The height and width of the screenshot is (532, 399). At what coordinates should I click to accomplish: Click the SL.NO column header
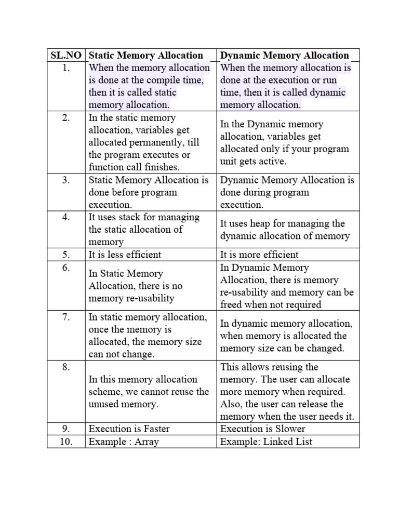click(66, 55)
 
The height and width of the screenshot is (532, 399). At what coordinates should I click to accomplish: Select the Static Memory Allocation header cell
click(146, 55)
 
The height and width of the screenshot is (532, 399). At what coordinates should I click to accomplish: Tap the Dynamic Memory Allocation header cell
click(284, 55)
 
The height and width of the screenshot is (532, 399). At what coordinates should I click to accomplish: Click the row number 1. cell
click(66, 68)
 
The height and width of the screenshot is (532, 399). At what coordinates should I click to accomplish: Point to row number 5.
click(66, 255)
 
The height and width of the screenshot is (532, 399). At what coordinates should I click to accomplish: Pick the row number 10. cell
click(66, 442)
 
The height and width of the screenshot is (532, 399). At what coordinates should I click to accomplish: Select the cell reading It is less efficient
click(125, 255)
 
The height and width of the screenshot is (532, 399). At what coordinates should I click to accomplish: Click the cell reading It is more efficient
click(259, 255)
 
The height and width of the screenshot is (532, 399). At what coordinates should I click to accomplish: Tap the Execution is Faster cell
click(129, 429)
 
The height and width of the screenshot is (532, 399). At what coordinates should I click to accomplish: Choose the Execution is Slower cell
click(262, 429)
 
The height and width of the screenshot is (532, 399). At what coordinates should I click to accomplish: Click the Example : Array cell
click(124, 442)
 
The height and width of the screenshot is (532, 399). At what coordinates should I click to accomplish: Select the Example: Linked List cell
click(266, 442)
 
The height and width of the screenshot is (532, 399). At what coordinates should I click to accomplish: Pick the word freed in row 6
click(232, 305)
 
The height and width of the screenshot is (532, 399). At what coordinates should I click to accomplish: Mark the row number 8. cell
click(66, 367)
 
